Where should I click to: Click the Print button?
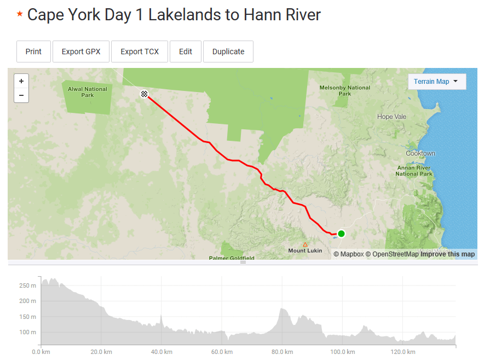[x=33, y=52]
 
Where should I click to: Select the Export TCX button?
[x=140, y=52]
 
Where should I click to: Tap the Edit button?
[x=186, y=52]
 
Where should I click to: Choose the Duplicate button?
[x=228, y=52]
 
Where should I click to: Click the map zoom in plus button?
[x=21, y=81]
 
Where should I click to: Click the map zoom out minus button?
[x=21, y=95]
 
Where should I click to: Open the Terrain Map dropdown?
[x=437, y=82]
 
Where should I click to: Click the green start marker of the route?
[x=341, y=233]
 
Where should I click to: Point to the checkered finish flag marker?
[x=144, y=94]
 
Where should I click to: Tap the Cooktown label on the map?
[x=420, y=153]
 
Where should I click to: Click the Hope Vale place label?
[x=392, y=117]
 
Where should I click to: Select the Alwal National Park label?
[x=88, y=92]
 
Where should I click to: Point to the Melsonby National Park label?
[x=345, y=90]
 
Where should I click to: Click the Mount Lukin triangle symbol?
[x=305, y=244]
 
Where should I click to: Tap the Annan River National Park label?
[x=414, y=171]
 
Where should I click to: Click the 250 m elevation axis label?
[x=27, y=285]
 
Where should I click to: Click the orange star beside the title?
[x=20, y=14]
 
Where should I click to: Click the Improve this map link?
[x=447, y=254]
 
